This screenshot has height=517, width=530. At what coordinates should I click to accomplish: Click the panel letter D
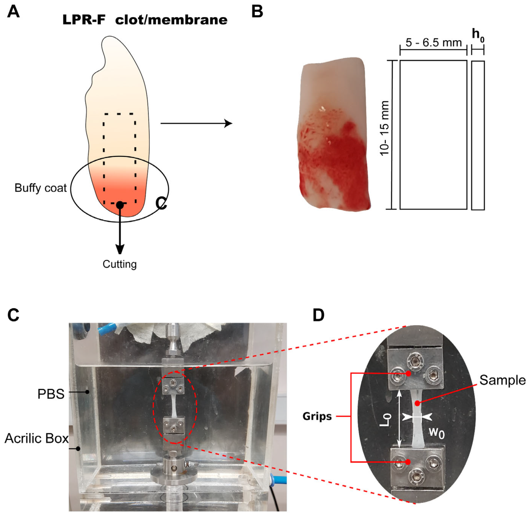319,315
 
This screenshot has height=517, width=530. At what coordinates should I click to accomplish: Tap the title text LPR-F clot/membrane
145,20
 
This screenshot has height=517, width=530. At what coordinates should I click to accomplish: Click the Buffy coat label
41,188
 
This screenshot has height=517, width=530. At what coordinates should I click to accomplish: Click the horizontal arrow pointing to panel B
196,124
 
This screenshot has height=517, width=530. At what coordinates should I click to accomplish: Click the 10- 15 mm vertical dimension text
385,128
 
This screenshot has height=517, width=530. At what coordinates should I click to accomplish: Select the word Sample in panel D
502,380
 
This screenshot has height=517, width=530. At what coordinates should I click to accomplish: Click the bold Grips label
317,416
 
